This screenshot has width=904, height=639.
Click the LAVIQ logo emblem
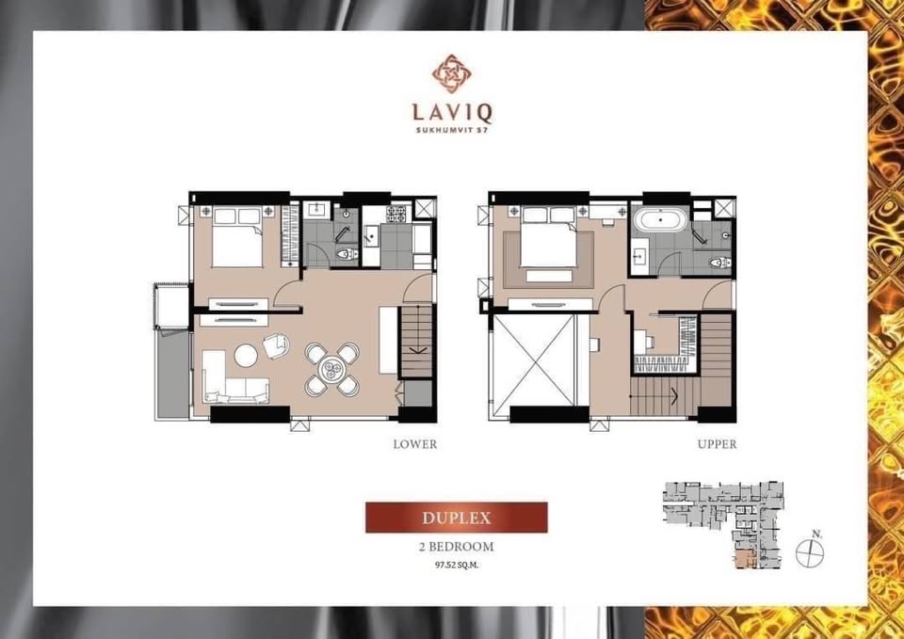pyautogui.click(x=451, y=73)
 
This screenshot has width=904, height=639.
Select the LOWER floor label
pyautogui.click(x=415, y=444)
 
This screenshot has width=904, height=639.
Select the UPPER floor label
pyautogui.click(x=717, y=444)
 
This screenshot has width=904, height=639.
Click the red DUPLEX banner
pyautogui.click(x=456, y=518)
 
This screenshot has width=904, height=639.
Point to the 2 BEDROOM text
pyautogui.click(x=457, y=547)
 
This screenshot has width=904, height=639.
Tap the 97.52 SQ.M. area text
pyautogui.click(x=457, y=566)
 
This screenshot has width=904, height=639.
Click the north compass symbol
pyautogui.click(x=809, y=552)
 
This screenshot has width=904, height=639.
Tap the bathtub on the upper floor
pyautogui.click(x=662, y=223)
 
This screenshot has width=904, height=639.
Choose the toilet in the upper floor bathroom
pyautogui.click(x=718, y=263)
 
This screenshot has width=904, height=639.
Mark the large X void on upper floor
pyautogui.click(x=533, y=360)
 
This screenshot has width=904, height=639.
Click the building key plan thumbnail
pyautogui.click(x=721, y=525)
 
